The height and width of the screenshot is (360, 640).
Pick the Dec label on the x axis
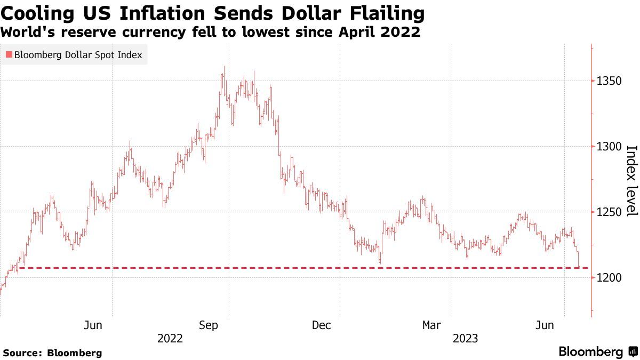pos(322,325)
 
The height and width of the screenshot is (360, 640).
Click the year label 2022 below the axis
pos(170,339)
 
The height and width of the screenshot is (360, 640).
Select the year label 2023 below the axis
pos(465,339)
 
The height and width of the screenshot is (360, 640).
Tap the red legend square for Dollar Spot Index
pos(8,55)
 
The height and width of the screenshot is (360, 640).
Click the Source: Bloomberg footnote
pos(52,353)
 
